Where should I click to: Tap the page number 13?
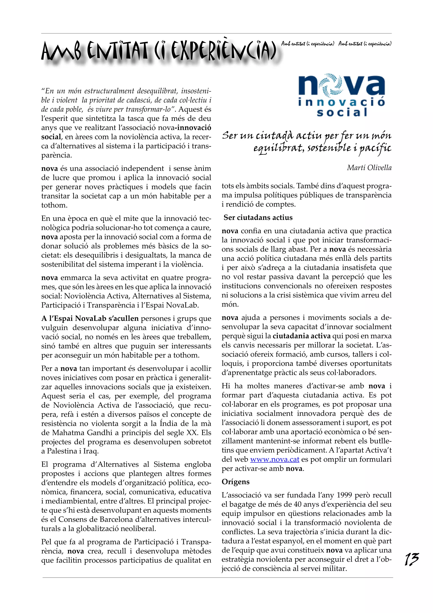point(412,559)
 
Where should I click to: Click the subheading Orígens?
point(236,482)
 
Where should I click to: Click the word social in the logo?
point(342,112)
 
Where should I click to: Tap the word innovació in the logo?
point(341,102)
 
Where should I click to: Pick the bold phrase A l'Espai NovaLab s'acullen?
point(90,319)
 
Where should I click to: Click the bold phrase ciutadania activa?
point(301,336)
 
